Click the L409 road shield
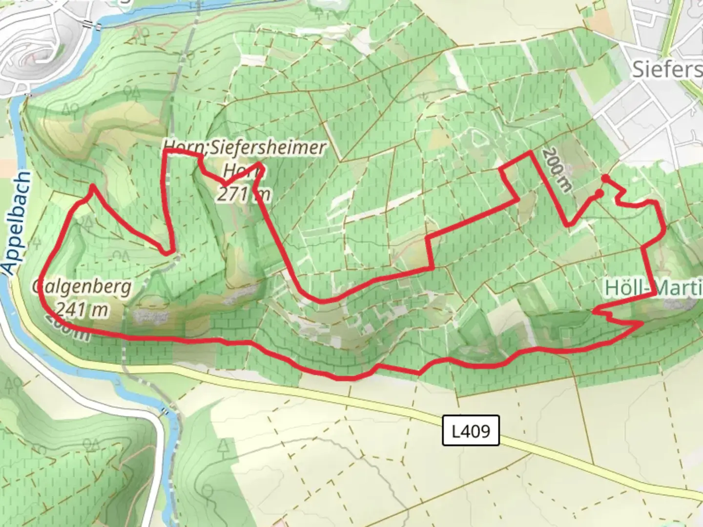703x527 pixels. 471,430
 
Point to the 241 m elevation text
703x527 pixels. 82,309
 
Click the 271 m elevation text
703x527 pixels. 243,194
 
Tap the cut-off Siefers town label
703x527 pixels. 667,69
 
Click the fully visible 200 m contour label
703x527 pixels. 556,169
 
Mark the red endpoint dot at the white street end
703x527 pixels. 605,178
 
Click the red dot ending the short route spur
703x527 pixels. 599,194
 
